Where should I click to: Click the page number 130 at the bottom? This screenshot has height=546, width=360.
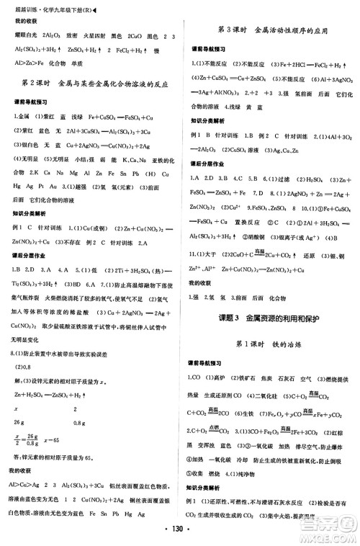(180, 535)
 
